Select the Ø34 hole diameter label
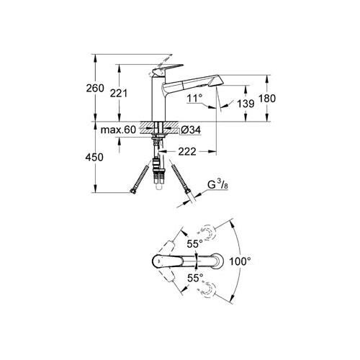click(192, 130)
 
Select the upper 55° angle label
click(195, 245)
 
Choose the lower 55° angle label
click(195, 276)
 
